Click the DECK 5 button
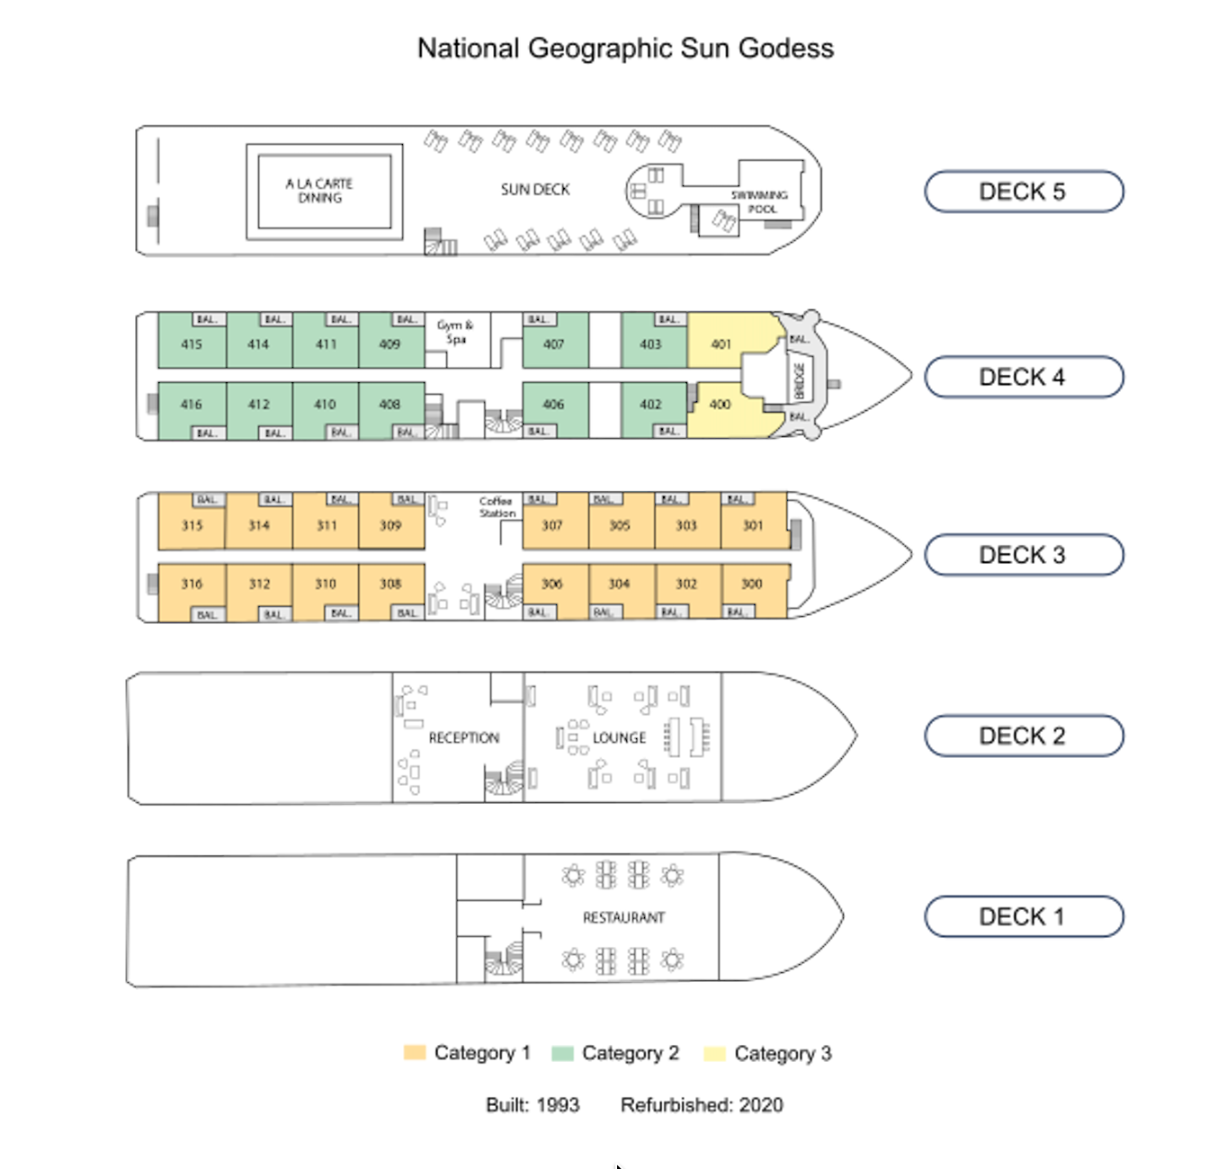tap(1024, 192)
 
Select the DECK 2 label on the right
tap(1024, 736)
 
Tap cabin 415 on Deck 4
tap(192, 344)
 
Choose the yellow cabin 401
tap(721, 344)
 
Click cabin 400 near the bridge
tap(720, 405)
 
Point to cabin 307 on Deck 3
tap(552, 525)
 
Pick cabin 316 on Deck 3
tap(192, 584)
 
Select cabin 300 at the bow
tap(752, 584)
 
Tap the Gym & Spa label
tap(455, 332)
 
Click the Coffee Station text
tap(497, 507)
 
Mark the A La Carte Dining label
tap(319, 191)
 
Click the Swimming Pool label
tap(760, 201)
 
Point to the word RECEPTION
tap(463, 738)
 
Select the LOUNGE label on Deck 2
tap(619, 738)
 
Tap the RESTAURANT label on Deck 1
tap(623, 918)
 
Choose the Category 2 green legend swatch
tap(562, 1053)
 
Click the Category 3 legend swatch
tap(715, 1053)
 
